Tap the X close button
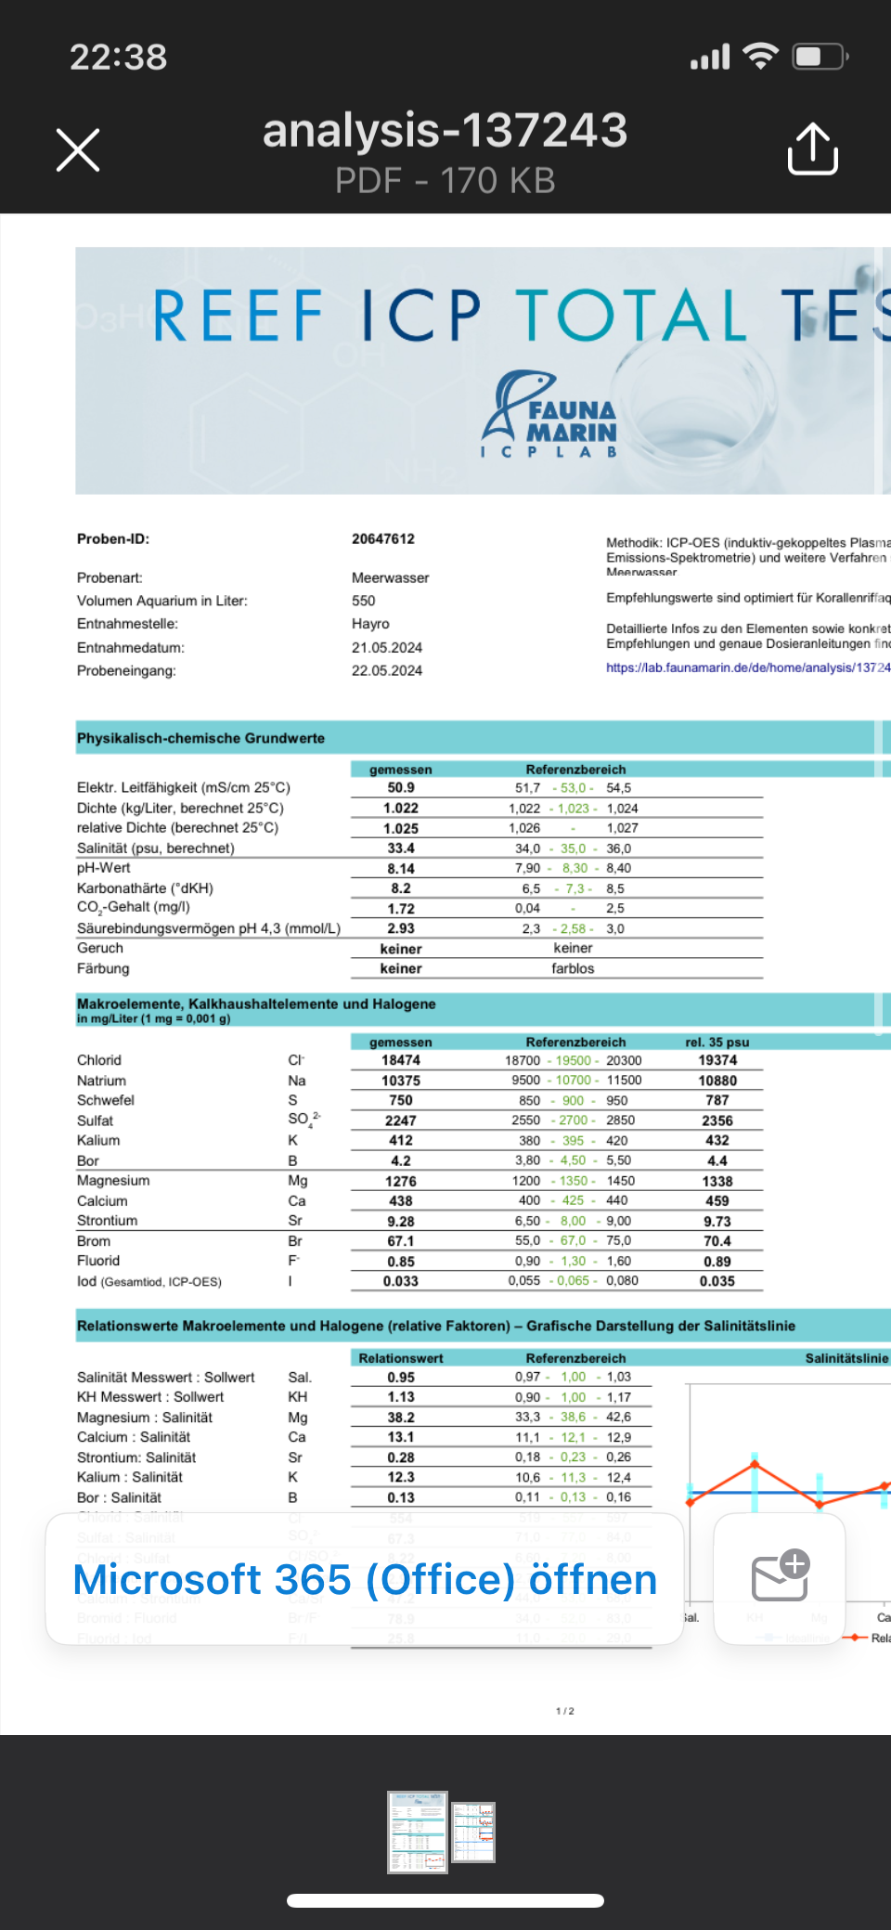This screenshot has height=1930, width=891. click(x=78, y=150)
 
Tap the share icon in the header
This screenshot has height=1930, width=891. click(x=812, y=149)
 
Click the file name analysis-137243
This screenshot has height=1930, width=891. click(x=445, y=131)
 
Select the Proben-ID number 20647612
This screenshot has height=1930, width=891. click(x=382, y=538)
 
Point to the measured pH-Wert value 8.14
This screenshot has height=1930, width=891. click(x=401, y=869)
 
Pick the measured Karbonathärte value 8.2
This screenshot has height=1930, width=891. click(x=401, y=888)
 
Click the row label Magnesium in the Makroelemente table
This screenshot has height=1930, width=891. click(x=113, y=1181)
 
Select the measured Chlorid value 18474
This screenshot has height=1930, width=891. click(x=401, y=1060)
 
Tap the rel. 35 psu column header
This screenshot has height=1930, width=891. click(x=717, y=1042)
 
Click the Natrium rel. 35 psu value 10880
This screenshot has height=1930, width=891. click(x=717, y=1081)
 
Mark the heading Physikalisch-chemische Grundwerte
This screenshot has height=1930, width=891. click(x=200, y=738)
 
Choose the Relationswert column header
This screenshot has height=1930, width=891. click(x=401, y=1358)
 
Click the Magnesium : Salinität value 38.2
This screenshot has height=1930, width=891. click(x=401, y=1418)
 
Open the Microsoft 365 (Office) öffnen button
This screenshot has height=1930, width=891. click(x=365, y=1579)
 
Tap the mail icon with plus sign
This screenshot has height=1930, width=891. click(x=780, y=1576)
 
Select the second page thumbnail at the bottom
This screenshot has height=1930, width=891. click(x=473, y=1832)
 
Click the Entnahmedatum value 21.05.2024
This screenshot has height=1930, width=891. click(x=386, y=647)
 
